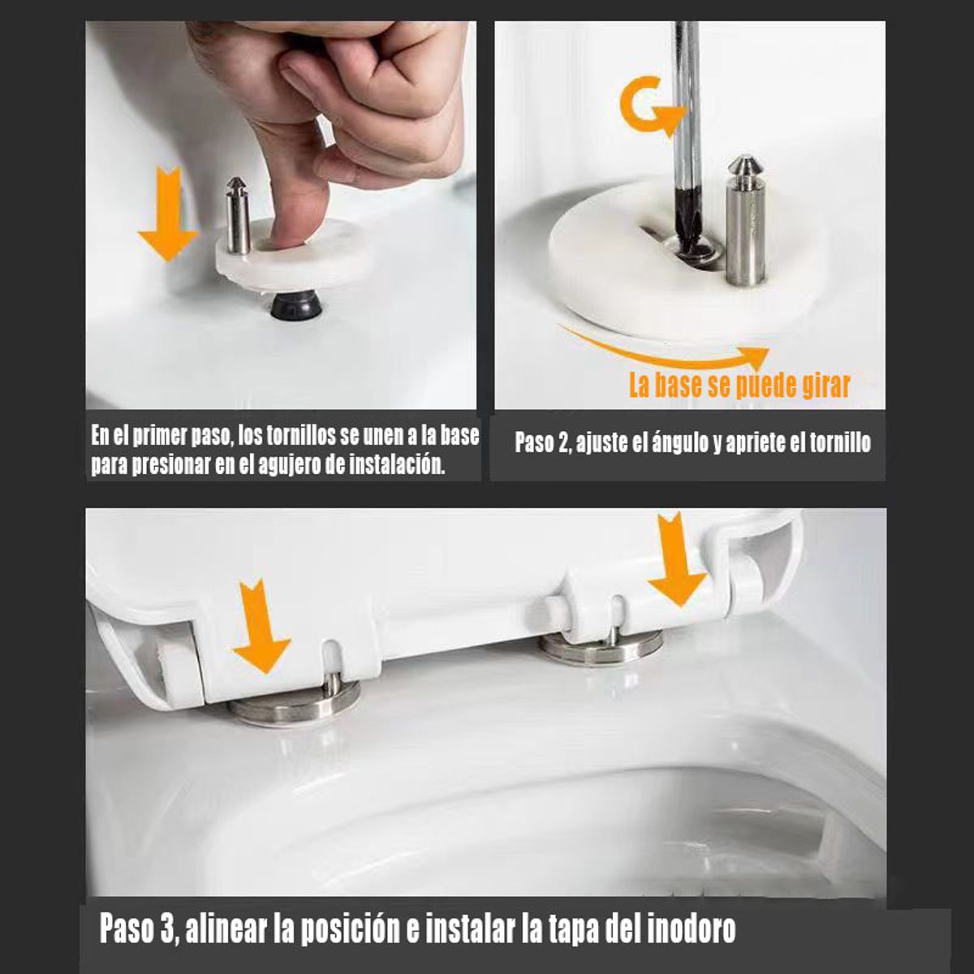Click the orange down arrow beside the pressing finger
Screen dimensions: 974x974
click(168, 215)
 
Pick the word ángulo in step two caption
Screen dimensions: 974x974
click(679, 443)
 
